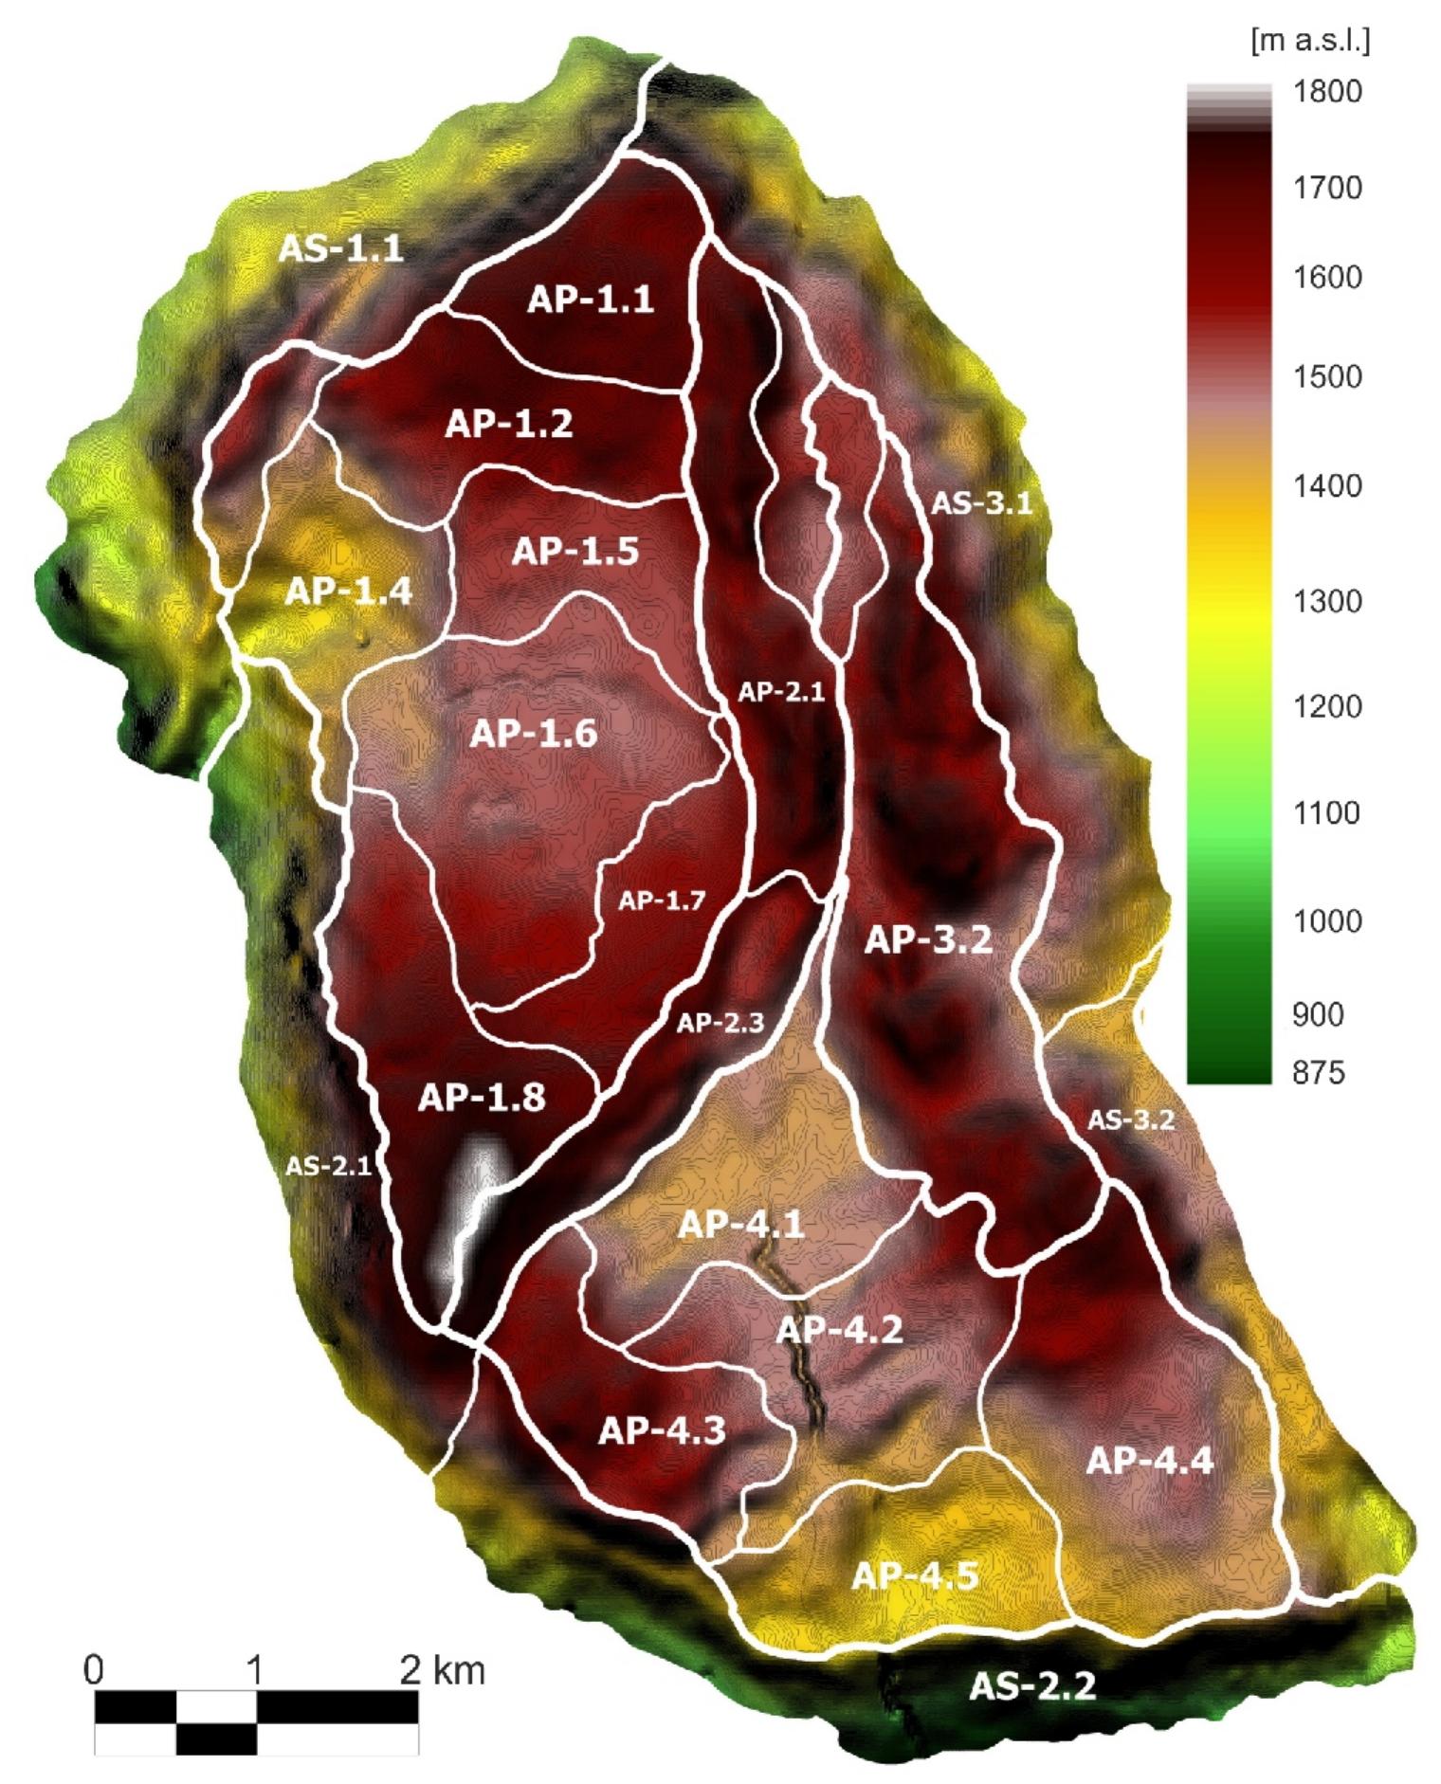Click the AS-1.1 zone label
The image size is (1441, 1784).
pos(340,248)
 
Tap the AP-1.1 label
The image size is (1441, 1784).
pos(591,300)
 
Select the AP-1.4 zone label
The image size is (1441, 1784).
pos(349,592)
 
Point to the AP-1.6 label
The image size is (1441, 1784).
pos(534,734)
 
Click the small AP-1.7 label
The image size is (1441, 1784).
pos(662,901)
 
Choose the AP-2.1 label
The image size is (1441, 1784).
pos(781,692)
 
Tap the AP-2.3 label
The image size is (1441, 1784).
pos(720,1023)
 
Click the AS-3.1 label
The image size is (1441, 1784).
pos(980,502)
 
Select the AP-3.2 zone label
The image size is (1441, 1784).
pos(928,940)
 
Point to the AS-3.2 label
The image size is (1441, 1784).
pos(1130,1120)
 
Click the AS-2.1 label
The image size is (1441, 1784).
pos(328,1166)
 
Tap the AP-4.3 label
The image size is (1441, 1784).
pos(662,1429)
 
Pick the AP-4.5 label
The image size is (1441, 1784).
pos(915,1575)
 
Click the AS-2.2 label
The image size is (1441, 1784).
pos(1032,1685)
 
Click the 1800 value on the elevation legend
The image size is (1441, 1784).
pos(1327,92)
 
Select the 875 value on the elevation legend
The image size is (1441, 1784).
pos(1319,1072)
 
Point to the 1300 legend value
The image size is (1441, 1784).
pos(1327,601)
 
